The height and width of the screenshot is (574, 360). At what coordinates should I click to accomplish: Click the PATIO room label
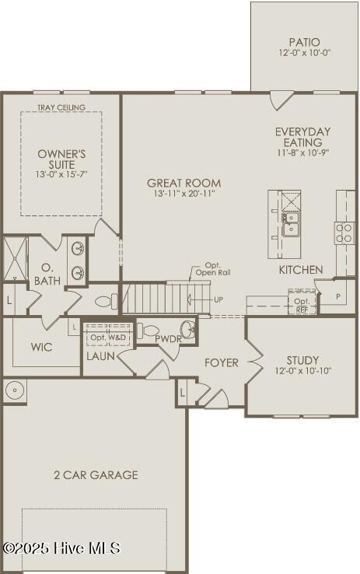pos(304,42)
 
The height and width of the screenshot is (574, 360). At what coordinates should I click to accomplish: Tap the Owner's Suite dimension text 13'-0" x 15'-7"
pos(61,174)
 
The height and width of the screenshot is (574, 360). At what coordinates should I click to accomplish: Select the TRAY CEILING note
pos(61,107)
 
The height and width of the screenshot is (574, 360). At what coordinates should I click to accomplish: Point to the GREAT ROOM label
pos(183,183)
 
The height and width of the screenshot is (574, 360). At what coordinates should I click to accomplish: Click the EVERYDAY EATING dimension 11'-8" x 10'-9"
pos(303,152)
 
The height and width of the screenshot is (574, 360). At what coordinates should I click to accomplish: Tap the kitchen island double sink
pos(290,225)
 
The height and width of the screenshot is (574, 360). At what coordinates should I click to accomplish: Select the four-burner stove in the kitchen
pos(344,233)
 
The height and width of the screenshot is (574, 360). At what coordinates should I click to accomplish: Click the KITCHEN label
pos(301,270)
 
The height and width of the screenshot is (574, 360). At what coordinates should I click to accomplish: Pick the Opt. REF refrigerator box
pos(302,302)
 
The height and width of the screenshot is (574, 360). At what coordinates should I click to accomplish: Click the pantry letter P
pos(337,297)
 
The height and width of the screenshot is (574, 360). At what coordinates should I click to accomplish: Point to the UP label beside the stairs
pos(218,299)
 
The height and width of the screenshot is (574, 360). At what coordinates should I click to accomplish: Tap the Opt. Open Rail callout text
pos(213,269)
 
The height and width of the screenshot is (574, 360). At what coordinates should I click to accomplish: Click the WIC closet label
pos(42,347)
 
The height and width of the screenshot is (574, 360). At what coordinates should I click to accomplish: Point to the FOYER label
pos(222,362)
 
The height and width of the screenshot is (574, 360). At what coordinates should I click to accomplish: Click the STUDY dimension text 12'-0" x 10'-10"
pos(303,370)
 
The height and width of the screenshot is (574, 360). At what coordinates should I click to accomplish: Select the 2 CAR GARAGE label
pos(96,474)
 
